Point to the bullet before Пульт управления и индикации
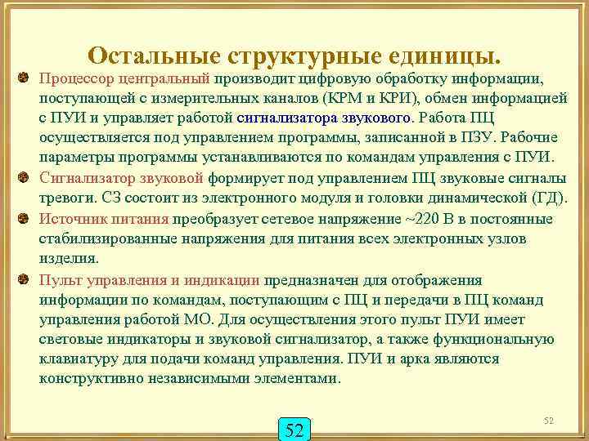coord(25,278)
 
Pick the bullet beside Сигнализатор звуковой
coord(25,177)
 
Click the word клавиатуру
coord(79,359)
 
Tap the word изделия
coord(68,259)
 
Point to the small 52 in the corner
coord(549,420)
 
